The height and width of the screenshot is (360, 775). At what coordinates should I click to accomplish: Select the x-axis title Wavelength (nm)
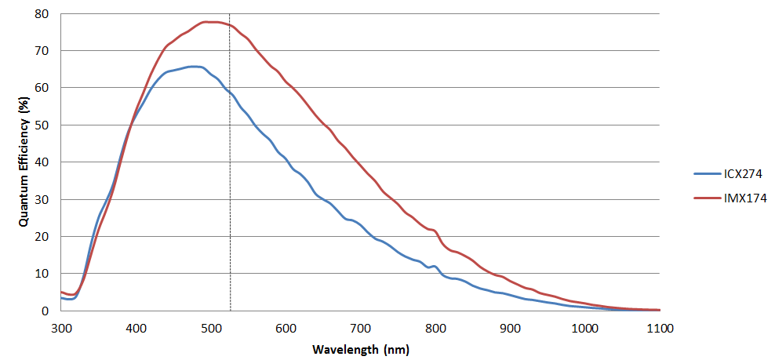click(x=360, y=348)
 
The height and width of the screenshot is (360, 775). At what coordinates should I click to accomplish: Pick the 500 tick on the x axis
click(x=210, y=326)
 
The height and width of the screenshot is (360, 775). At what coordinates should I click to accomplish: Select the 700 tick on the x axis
click(x=360, y=326)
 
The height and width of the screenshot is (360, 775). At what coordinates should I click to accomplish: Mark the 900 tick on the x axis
click(x=510, y=326)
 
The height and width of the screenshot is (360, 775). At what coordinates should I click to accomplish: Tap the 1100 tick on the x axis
click(x=660, y=326)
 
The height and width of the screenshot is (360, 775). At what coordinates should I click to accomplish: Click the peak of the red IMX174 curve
click(x=210, y=22)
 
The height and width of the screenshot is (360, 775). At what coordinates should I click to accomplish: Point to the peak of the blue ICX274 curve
click(x=195, y=67)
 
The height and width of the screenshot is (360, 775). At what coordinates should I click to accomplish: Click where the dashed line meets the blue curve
click(x=230, y=93)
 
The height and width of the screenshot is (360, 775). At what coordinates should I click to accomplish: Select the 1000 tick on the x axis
click(x=584, y=326)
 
